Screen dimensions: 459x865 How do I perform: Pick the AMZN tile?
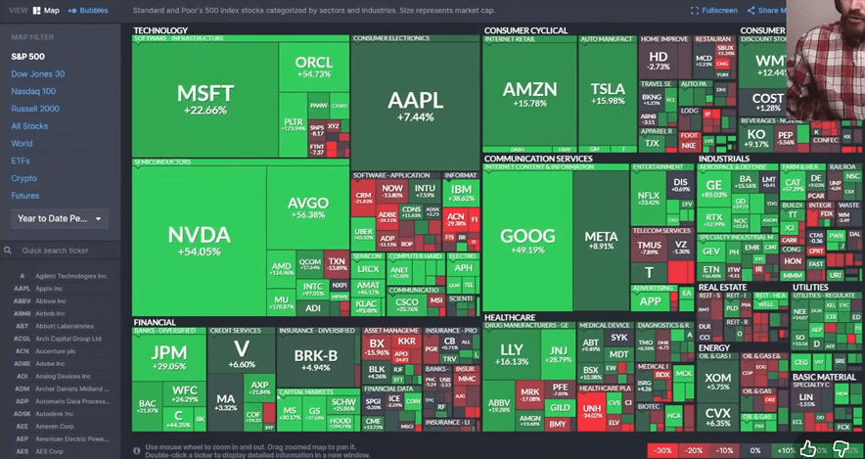pyautogui.click(x=529, y=94)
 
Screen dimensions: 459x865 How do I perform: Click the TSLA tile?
pyautogui.click(x=608, y=94)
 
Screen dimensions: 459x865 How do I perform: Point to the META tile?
pyautogui.click(x=601, y=241)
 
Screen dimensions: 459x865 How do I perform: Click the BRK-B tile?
pyautogui.click(x=315, y=358)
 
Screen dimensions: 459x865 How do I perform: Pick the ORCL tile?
pyautogui.click(x=313, y=67)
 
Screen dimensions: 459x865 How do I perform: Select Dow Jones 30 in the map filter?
pyautogui.click(x=38, y=73)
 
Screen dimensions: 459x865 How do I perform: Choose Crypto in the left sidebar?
pyautogui.click(x=24, y=178)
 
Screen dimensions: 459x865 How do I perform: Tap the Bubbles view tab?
pyautogui.click(x=91, y=11)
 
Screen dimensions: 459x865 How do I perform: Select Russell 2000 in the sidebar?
pyautogui.click(x=35, y=109)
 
